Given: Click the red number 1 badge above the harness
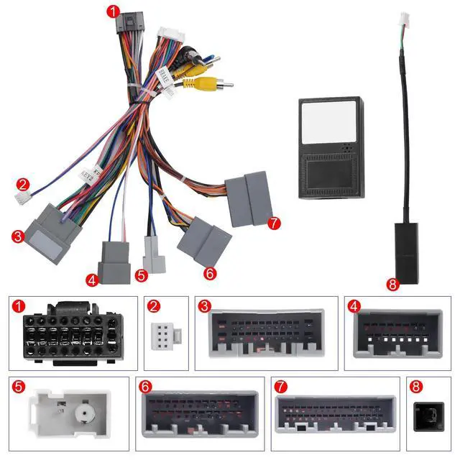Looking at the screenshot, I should (x=111, y=11).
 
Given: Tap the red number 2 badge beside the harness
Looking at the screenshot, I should (x=23, y=184).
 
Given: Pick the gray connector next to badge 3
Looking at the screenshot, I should (x=52, y=230).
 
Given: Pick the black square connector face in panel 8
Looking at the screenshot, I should (x=428, y=416).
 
